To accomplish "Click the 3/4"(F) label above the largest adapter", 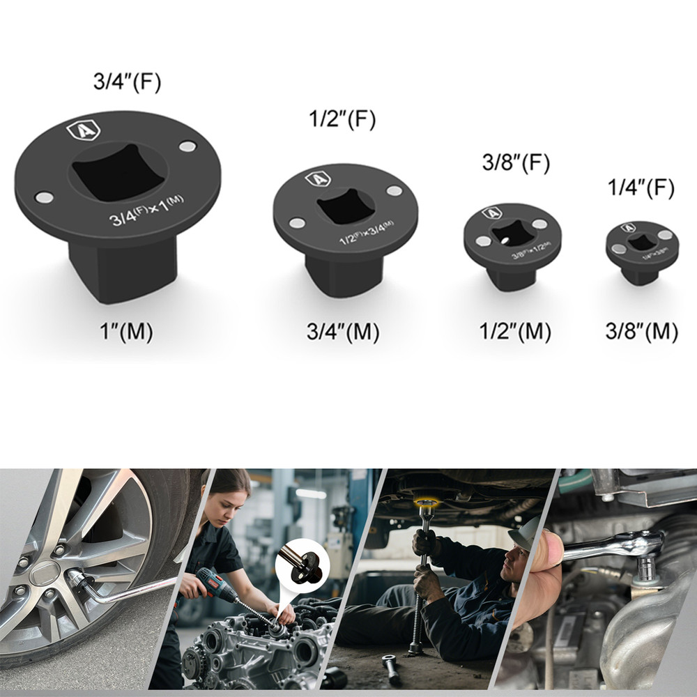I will pos(127,82).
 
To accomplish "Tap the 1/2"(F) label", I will pos(342,119).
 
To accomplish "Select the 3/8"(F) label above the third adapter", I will pos(516,162).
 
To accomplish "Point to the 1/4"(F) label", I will pos(641,188).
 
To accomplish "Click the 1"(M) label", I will pos(126,332).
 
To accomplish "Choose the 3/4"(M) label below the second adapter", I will pos(343,332).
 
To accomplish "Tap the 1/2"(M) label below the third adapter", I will pos(516,332).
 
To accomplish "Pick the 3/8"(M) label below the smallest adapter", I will pos(641,332).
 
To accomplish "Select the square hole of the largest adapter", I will pos(118,171).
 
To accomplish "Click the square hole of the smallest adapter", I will pos(642,242).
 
